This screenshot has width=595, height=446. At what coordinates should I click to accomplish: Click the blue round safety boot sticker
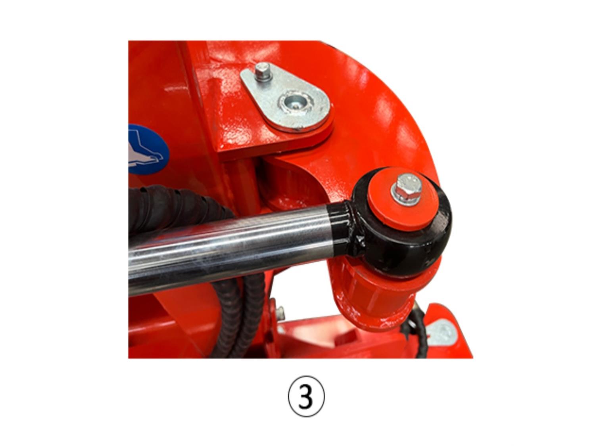[148, 149]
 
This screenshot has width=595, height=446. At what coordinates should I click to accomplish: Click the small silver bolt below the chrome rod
[281, 313]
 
